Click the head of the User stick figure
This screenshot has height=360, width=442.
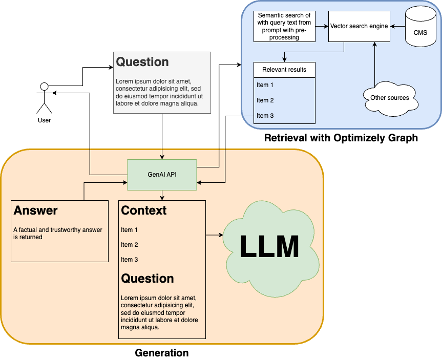44,86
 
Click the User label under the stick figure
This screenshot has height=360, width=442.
44,120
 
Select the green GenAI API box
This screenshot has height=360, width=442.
162,175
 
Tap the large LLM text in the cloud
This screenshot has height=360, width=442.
269,247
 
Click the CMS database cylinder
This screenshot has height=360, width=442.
420,28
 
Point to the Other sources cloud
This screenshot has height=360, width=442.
390,97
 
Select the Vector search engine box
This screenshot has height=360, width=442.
359,26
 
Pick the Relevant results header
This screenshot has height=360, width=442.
284,70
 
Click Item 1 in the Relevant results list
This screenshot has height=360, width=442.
265,85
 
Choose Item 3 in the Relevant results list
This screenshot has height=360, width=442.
265,116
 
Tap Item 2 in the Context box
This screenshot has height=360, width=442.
130,245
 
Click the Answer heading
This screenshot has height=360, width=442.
36,210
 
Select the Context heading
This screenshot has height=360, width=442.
144,210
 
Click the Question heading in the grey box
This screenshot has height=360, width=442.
142,62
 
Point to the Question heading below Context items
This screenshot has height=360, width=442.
148,279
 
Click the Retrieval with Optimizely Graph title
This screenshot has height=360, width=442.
341,138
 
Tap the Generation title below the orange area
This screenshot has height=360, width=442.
162,353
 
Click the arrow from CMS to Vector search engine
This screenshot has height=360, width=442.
397,26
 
